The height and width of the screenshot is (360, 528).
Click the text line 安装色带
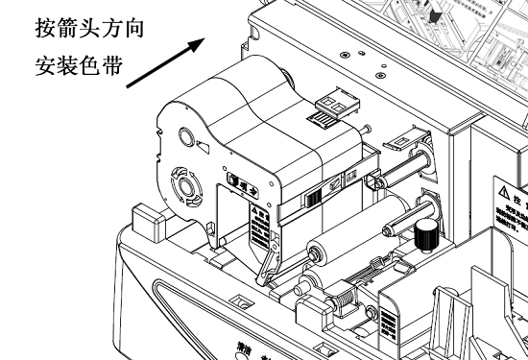(74, 69)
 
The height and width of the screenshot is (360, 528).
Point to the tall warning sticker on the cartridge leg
(257, 233)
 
